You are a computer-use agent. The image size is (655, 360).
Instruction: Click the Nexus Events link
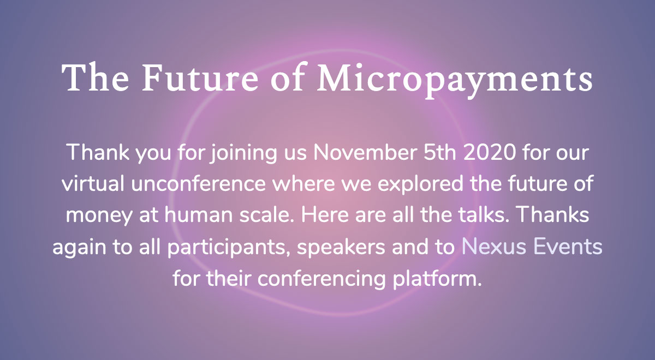pos(532,247)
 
